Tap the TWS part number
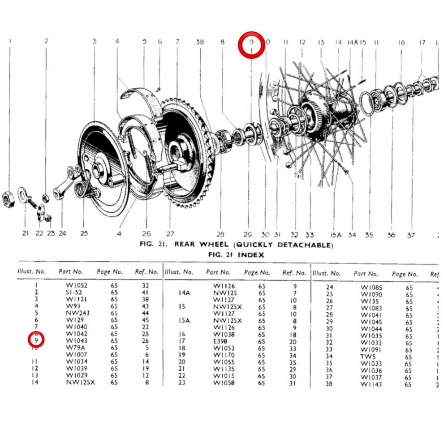(367, 357)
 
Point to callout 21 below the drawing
(25, 233)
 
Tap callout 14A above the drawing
(353, 42)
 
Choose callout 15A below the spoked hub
(336, 235)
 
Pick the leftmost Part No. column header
(71, 271)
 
